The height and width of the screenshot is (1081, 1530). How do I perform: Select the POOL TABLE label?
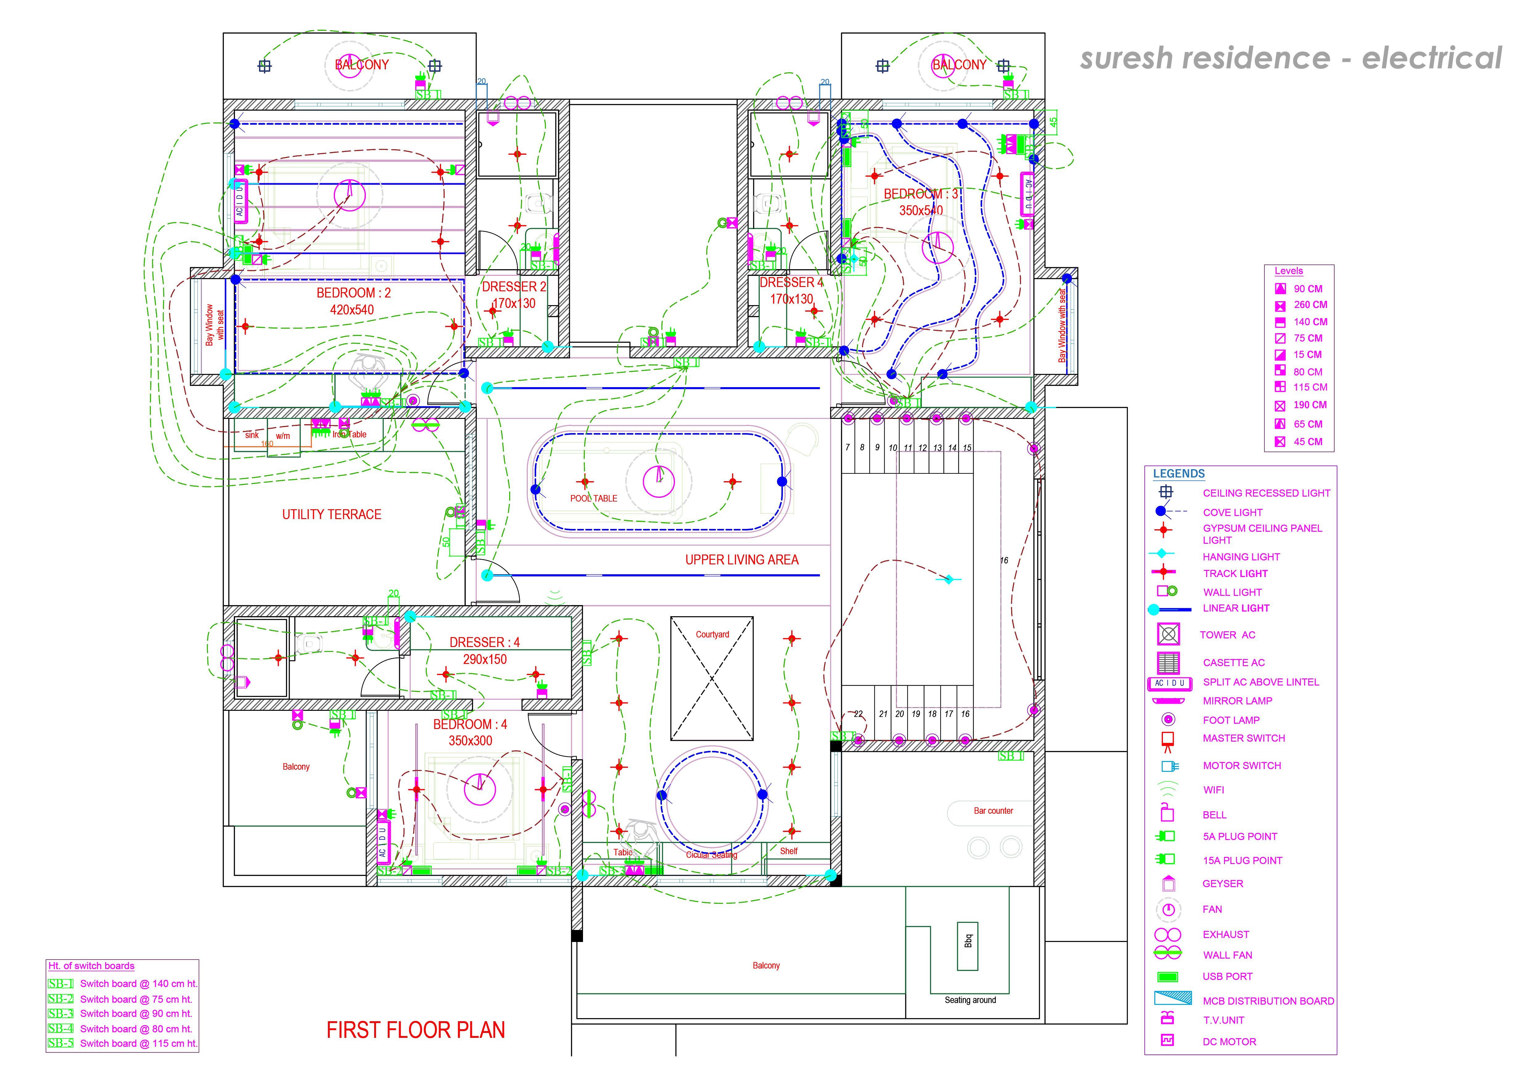(593, 498)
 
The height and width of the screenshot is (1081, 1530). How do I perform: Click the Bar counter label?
(993, 811)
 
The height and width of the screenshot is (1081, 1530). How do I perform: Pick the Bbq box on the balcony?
(968, 940)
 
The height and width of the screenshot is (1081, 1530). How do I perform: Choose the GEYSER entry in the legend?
(1222, 884)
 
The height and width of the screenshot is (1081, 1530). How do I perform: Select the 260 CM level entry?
(1309, 305)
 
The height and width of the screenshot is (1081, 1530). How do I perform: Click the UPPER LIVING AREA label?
(742, 560)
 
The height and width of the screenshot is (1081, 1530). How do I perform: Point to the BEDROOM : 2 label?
(353, 293)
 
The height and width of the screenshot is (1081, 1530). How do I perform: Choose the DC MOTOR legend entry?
(1229, 1042)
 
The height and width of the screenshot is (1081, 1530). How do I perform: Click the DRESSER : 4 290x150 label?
(485, 651)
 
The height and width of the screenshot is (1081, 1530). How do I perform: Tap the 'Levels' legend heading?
(1288, 271)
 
